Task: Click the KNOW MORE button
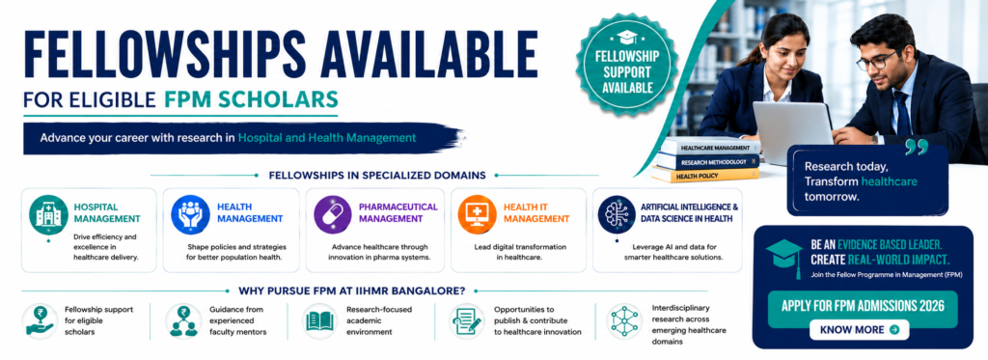tap(860, 329)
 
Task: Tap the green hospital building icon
tap(48, 214)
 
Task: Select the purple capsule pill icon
tap(333, 214)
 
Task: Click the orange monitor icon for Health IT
tap(477, 214)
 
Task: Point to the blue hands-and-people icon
tap(190, 214)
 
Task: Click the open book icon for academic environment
tap(321, 321)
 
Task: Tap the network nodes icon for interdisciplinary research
tap(624, 320)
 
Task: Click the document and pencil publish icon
tap(467, 320)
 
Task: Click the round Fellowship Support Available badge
tap(626, 64)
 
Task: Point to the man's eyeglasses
tap(878, 61)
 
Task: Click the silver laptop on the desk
tap(793, 132)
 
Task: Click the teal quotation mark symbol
tap(917, 148)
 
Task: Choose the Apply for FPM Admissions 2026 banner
tap(863, 306)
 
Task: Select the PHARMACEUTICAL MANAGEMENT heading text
tap(398, 212)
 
